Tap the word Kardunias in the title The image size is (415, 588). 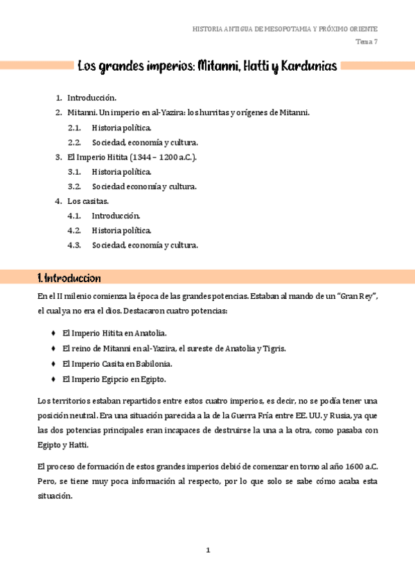tap(306, 67)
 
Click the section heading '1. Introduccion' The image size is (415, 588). tap(69, 278)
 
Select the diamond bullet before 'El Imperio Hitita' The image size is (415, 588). tap(53, 333)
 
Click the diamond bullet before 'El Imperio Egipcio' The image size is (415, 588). tap(53, 379)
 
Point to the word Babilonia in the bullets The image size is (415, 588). tap(154, 364)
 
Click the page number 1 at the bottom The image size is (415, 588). tap(207, 551)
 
